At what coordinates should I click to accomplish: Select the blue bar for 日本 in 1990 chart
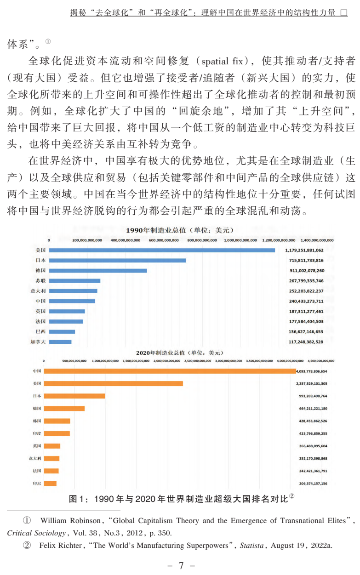[117, 260]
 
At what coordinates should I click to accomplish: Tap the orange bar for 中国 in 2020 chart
[170, 371]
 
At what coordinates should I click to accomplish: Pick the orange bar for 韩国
[57, 421]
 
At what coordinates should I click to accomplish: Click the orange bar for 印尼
[50, 483]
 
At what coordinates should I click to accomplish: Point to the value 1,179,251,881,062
[306, 250]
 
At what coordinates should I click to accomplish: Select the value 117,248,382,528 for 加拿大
[306, 342]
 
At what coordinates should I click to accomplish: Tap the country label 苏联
[40, 280]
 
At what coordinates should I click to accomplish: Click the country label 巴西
[40, 331]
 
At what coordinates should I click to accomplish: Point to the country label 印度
[37, 433]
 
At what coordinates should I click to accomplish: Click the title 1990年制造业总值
[180, 230]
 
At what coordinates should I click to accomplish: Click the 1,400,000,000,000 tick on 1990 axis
[317, 240]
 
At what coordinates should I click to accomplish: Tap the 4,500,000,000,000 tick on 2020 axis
[320, 361]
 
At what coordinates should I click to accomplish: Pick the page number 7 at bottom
[181, 566]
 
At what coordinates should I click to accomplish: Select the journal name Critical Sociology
[32, 534]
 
